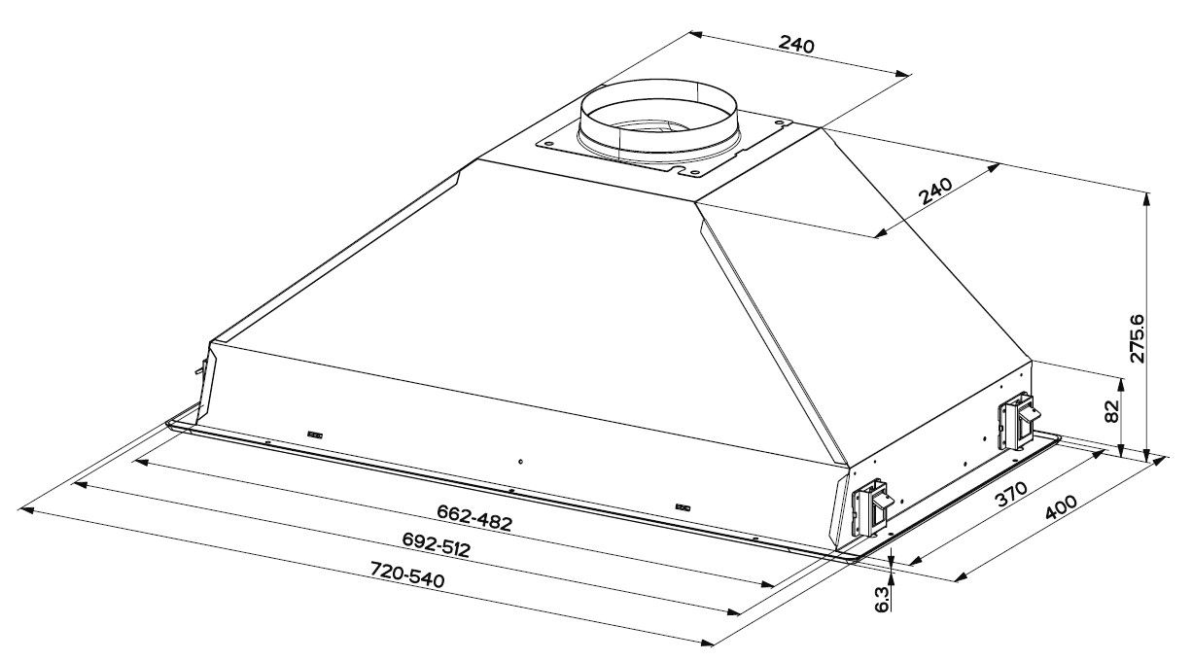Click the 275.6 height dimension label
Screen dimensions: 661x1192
[1137, 337]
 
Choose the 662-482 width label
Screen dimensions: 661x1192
[473, 516]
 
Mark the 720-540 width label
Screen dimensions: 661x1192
[406, 576]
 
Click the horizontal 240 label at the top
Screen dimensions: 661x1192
[796, 45]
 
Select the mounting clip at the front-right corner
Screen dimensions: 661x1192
[871, 508]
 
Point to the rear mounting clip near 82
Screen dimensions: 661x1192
[1015, 420]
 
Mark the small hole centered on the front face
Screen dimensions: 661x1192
[521, 461]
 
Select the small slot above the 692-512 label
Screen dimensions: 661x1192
[683, 506]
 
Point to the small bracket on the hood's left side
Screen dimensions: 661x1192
[201, 368]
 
